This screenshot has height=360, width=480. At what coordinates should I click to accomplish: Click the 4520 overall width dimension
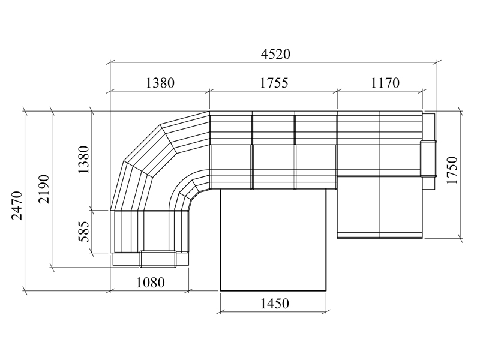point(275,54)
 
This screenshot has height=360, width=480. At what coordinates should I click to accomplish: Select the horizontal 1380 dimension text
point(160,83)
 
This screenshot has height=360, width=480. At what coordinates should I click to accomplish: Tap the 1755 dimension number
point(274,83)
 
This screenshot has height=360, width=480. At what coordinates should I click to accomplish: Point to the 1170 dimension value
point(385,83)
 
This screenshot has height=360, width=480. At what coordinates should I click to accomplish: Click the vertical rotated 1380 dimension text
point(83,160)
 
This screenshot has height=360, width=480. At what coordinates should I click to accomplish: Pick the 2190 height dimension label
point(43,189)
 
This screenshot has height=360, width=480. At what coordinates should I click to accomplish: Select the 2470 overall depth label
point(17,205)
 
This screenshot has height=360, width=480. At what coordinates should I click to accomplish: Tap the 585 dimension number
point(83,232)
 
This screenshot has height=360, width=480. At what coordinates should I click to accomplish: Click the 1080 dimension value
point(150,282)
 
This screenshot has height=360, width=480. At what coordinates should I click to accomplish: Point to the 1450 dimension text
point(274,304)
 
